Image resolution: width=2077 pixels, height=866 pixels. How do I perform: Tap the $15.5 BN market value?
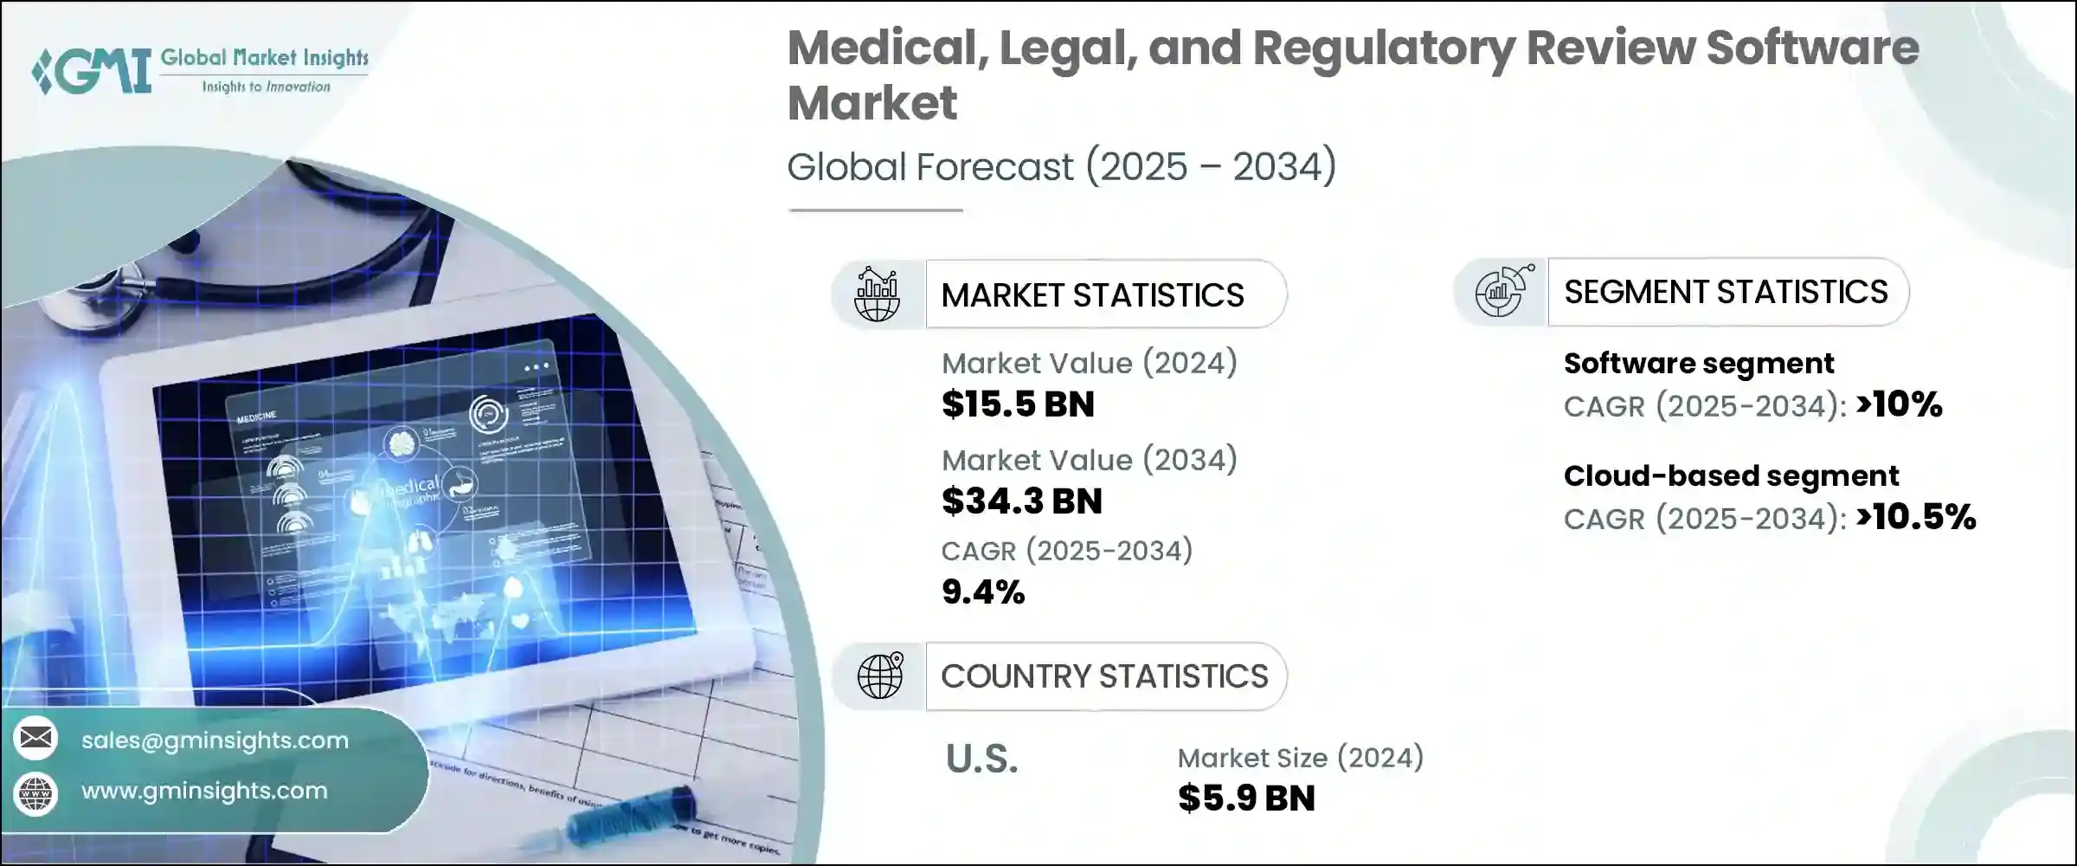tap(1018, 404)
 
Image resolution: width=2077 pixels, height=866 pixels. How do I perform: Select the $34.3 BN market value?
tap(1021, 501)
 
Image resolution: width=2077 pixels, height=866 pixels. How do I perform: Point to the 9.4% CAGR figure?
tap(982, 592)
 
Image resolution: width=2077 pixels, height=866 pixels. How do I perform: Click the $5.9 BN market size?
tap(1245, 798)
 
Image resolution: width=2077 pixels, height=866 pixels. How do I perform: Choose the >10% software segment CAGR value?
tap(1900, 404)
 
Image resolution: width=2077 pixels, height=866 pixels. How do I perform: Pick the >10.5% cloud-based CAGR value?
tap(1916, 517)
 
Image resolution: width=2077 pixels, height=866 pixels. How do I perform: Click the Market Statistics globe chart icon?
tap(877, 294)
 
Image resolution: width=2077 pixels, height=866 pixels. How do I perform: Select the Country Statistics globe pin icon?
tap(880, 675)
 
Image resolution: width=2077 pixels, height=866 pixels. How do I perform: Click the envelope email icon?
tap(35, 739)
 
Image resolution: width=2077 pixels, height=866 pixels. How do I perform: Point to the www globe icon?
tap(35, 792)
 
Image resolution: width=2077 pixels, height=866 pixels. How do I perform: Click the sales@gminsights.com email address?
tap(215, 740)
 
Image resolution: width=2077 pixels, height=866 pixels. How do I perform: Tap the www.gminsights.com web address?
tap(204, 791)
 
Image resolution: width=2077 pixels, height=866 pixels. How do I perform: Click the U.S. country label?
tap(981, 759)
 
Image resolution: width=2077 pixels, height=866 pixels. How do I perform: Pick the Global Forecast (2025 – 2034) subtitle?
tap(1061, 166)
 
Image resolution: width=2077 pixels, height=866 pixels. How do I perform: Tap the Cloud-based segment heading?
tap(1731, 475)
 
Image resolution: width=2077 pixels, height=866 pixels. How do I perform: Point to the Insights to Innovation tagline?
tap(266, 87)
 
